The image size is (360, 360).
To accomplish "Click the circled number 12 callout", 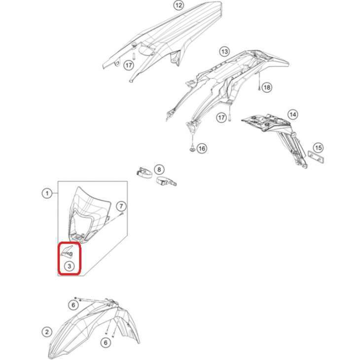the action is tap(179, 5).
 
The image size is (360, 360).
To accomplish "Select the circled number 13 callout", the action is tap(224, 51).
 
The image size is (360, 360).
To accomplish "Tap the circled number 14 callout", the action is tap(293, 114).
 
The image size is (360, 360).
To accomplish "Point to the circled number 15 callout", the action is tap(318, 147).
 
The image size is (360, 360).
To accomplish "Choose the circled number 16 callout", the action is tap(202, 148).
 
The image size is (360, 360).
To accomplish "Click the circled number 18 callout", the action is tap(267, 87).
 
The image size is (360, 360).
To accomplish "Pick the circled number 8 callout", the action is tap(159, 170).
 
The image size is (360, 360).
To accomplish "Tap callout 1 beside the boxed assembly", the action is tap(47, 193).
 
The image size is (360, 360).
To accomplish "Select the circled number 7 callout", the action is tap(121, 206).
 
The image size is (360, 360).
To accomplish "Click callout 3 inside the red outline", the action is tap(69, 266).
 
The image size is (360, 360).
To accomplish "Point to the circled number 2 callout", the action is tap(47, 332).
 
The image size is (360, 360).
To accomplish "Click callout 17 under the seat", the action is tap(129, 66).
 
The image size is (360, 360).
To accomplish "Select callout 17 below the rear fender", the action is tap(221, 118).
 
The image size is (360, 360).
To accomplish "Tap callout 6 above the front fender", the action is tap(73, 305).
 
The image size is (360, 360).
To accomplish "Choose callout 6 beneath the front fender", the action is tap(106, 343).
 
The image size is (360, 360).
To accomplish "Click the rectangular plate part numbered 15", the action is tap(316, 157).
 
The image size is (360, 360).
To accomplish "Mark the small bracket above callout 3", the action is tap(67, 252).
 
